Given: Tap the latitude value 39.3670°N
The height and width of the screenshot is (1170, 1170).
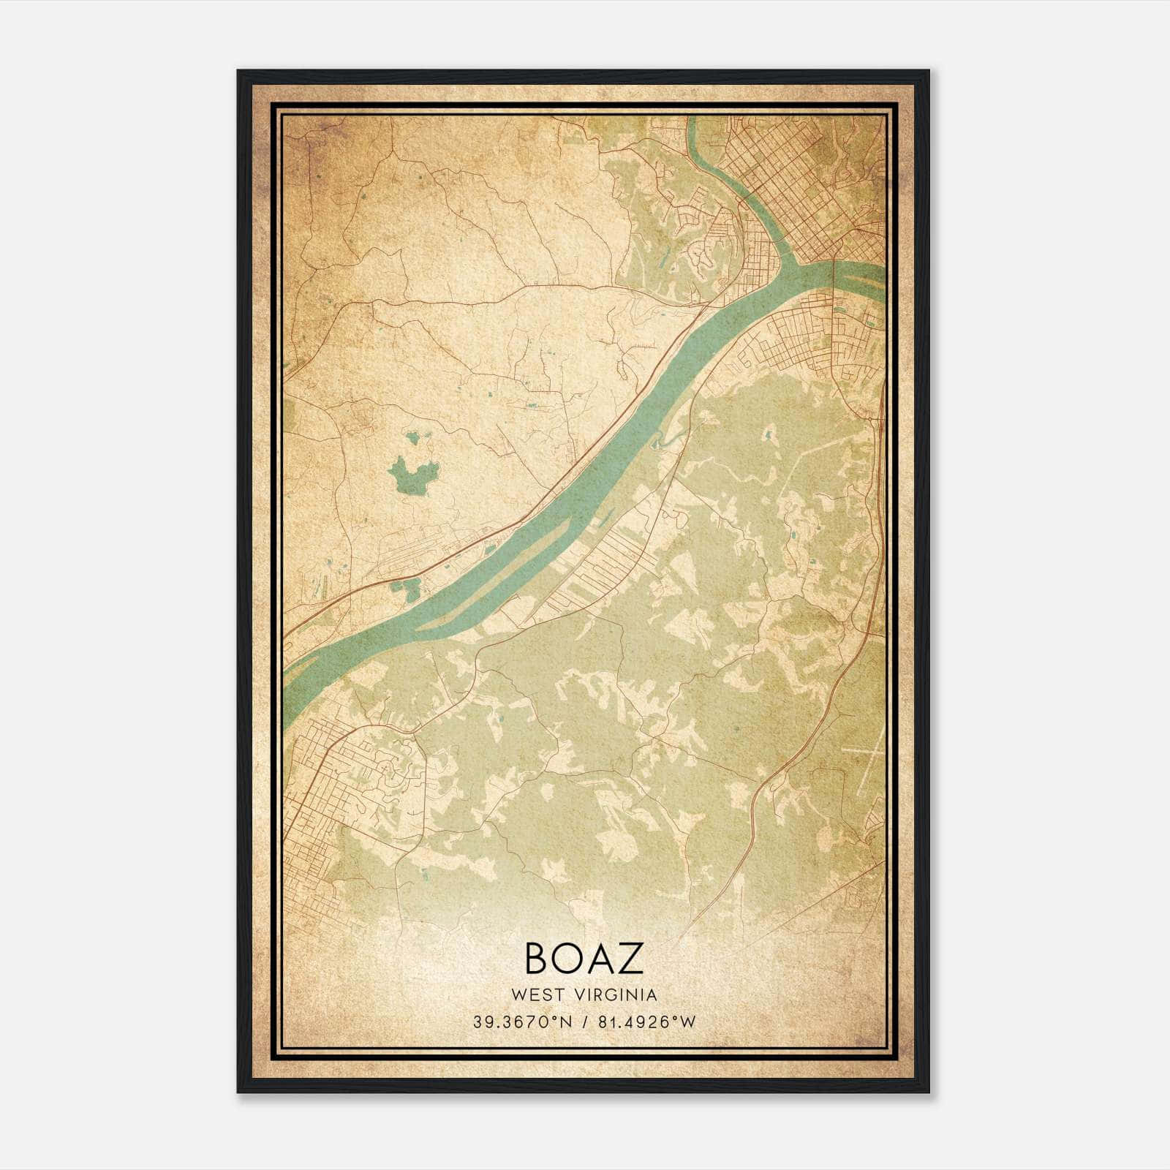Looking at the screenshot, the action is coord(521,1022).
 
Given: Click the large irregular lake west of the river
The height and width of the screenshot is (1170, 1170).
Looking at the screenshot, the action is coord(411,475).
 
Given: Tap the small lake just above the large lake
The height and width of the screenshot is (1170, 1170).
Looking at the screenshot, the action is coord(414,438).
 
